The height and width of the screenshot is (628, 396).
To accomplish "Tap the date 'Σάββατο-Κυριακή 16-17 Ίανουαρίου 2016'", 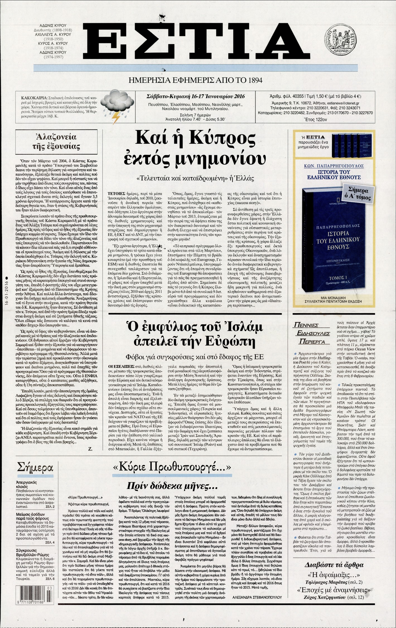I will coord(195,96).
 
